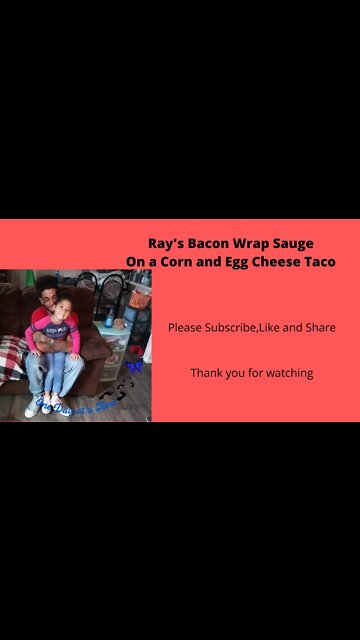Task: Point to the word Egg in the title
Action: pyautogui.click(x=245, y=262)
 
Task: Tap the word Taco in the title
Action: pyautogui.click(x=320, y=262)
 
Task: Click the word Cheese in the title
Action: pyautogui.click(x=282, y=262)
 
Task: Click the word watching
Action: pyautogui.click(x=289, y=373)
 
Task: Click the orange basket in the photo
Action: pyautogui.click(x=139, y=297)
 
